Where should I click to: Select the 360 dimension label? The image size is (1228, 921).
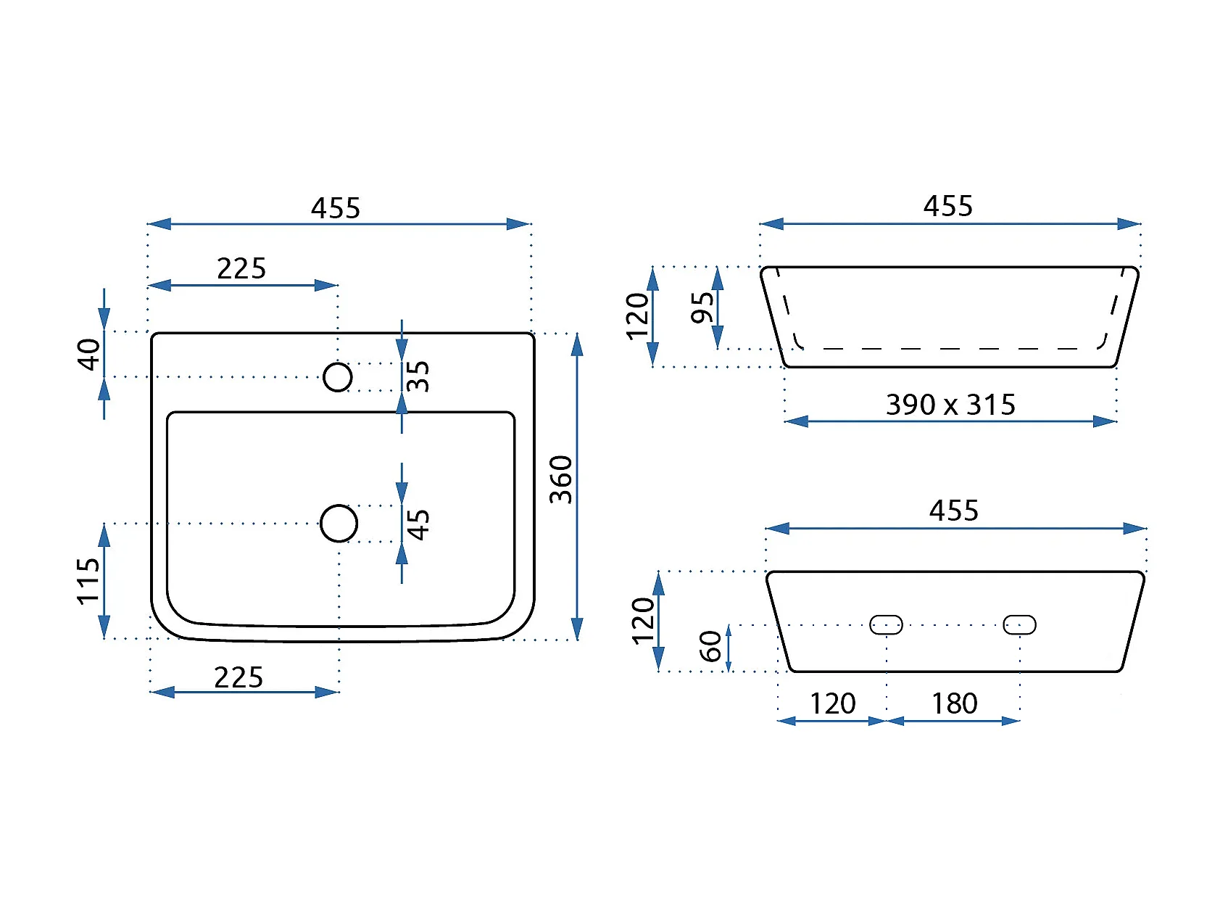point(561,479)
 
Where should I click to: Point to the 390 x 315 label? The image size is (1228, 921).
point(950,405)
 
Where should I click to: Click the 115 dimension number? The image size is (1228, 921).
point(88,581)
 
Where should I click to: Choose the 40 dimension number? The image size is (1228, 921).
point(88,354)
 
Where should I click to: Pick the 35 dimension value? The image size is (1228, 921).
point(418,376)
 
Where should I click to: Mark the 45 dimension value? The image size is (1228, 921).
point(418,524)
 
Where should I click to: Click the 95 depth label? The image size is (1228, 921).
point(702,307)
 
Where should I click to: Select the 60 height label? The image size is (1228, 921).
point(710,646)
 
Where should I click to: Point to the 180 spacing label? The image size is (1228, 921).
point(954,703)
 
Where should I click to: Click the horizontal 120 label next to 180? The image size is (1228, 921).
point(832,703)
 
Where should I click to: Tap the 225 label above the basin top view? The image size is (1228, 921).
point(241,268)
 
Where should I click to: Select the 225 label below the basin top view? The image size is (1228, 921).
point(238,677)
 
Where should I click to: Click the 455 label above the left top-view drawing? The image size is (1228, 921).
point(336,208)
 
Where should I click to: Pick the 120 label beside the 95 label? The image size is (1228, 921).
point(638,316)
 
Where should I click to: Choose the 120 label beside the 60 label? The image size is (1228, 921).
point(643,621)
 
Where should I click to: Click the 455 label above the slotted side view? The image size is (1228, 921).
point(954,511)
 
